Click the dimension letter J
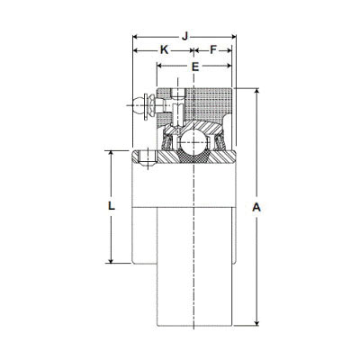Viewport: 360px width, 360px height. point(184,36)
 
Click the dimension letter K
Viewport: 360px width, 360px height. point(164,50)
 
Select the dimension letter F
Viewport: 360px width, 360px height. point(213,50)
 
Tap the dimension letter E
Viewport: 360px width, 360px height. point(195,67)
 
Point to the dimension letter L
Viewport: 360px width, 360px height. point(111,206)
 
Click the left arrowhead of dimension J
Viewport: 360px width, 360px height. point(137,37)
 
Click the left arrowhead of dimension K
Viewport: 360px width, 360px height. point(137,51)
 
